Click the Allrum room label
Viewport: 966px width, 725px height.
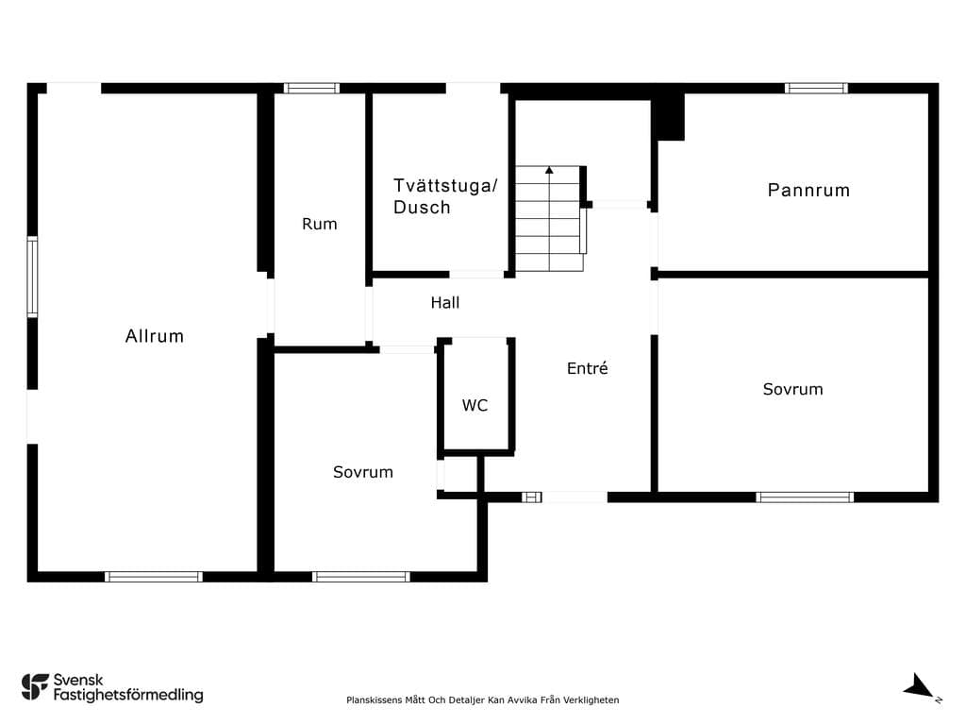click(x=155, y=336)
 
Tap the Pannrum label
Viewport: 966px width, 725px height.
click(x=808, y=190)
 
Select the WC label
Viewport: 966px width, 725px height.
click(x=475, y=405)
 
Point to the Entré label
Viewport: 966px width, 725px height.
click(x=587, y=368)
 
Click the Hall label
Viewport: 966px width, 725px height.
click(x=445, y=303)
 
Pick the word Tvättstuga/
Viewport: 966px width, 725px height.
click(x=445, y=186)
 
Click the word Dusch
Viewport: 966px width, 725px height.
click(x=422, y=207)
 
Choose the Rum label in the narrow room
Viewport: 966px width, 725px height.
click(x=320, y=224)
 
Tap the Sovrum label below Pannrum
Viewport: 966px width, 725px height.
click(x=792, y=389)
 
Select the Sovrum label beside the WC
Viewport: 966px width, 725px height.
click(x=363, y=472)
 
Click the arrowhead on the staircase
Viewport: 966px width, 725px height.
click(x=549, y=170)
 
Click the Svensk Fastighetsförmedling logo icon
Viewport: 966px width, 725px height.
click(x=35, y=687)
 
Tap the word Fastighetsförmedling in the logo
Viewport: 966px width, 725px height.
click(x=128, y=696)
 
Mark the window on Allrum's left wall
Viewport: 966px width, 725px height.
click(x=32, y=277)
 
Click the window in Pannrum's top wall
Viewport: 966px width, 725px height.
click(x=816, y=88)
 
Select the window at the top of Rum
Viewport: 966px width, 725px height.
click(x=311, y=88)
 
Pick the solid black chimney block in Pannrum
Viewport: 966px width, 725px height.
click(x=669, y=117)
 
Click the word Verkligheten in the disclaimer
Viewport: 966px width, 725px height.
click(x=591, y=700)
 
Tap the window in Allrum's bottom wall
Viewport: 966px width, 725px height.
click(x=154, y=577)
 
